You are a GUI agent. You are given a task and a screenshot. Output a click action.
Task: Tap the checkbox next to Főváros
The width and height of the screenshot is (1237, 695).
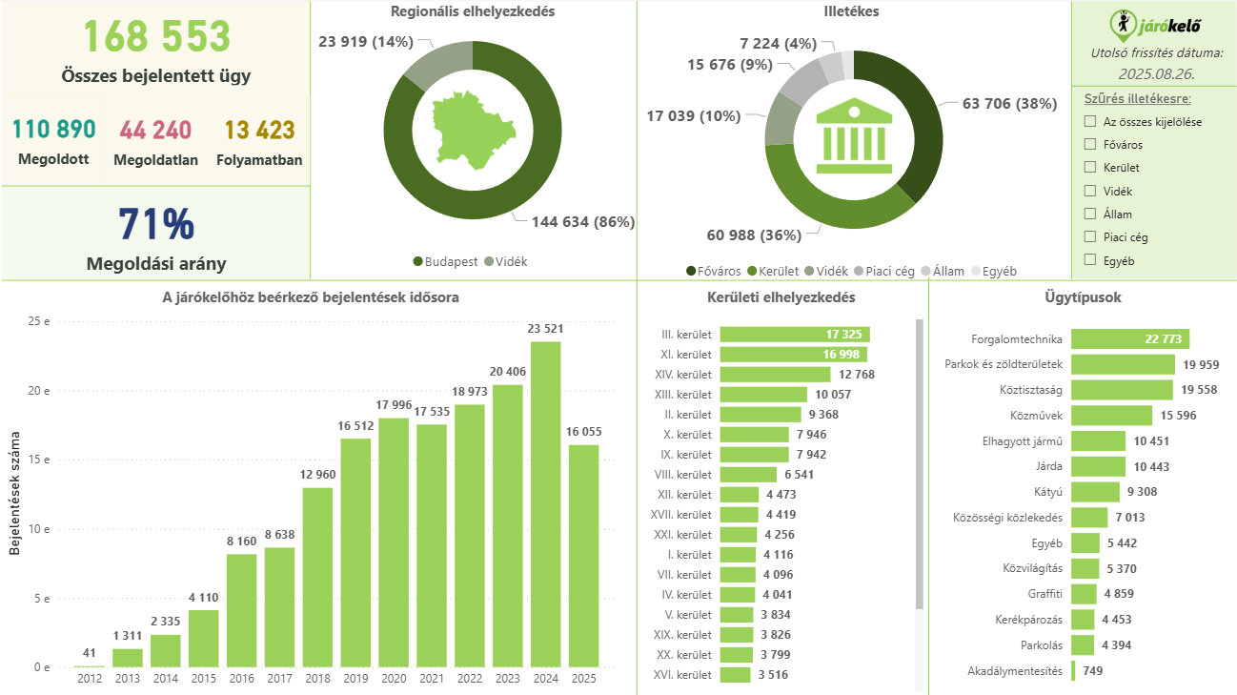(1090, 145)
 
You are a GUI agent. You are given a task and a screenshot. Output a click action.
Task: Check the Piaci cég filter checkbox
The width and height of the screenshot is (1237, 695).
(1090, 237)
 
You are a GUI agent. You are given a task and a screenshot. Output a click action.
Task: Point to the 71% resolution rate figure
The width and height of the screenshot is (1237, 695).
(156, 224)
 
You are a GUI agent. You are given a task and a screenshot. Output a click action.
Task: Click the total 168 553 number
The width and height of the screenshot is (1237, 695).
(156, 37)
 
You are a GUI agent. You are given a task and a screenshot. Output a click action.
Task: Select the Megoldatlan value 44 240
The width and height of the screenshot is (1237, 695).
(155, 130)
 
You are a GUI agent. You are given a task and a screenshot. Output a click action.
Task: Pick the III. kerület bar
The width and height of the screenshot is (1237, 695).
(795, 335)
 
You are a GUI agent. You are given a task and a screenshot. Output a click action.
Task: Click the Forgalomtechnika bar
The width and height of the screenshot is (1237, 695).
(1129, 339)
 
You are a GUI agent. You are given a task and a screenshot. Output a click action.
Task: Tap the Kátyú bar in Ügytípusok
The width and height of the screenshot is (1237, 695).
(1095, 492)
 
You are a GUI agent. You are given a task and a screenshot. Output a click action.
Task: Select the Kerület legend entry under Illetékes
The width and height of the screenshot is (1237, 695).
(774, 272)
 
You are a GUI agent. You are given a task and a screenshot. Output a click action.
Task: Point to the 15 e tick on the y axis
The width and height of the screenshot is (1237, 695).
(41, 460)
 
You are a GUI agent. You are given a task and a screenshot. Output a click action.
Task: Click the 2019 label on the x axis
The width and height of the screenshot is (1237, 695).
(355, 678)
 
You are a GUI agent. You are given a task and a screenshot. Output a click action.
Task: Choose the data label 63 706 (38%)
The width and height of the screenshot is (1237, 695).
(1009, 104)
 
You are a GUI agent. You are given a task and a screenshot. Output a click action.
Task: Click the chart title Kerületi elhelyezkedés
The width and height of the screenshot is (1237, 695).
(781, 297)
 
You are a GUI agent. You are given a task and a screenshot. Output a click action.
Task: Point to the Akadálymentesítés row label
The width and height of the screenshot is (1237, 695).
(1014, 671)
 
